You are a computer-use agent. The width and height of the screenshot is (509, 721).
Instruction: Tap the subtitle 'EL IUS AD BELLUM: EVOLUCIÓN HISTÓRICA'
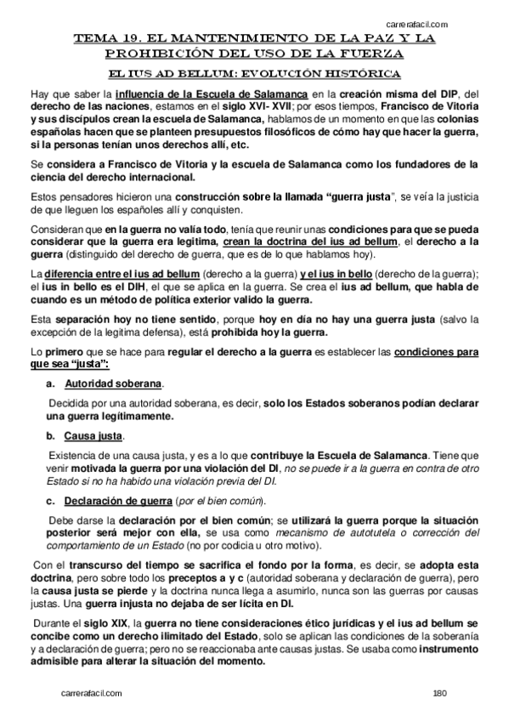click(255, 73)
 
